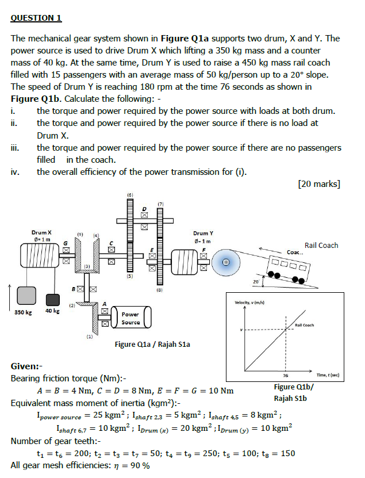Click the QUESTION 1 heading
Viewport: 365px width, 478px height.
point(36,18)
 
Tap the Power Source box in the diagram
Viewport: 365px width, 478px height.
point(130,318)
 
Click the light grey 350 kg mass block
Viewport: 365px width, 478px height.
point(26,297)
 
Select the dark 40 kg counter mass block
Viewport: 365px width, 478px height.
point(52,300)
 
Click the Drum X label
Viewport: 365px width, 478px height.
point(41,232)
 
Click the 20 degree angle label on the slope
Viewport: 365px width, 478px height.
point(256,282)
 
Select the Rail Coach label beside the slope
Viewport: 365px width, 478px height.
point(321,246)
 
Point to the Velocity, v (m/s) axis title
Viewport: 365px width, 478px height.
point(249,303)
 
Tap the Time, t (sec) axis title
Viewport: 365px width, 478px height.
point(326,374)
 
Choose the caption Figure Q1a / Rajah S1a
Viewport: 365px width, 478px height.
point(152,345)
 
